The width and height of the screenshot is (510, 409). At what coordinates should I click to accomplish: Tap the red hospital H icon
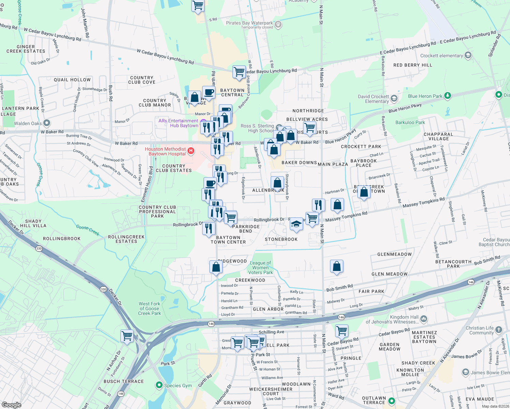191,150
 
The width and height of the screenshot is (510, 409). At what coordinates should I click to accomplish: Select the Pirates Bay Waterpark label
249,23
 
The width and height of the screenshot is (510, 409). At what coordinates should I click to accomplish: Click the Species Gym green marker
159,385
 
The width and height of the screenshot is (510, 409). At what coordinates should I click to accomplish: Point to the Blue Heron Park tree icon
448,96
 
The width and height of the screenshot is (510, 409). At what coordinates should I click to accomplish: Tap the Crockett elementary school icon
468,55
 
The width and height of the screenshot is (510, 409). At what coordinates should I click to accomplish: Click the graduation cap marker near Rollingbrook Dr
296,224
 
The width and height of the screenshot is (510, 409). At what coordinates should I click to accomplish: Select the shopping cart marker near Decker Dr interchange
127,336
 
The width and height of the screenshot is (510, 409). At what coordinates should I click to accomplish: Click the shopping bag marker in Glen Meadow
336,266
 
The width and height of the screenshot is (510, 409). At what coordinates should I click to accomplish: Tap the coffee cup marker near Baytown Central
208,92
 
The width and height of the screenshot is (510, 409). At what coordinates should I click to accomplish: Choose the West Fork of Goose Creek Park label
149,308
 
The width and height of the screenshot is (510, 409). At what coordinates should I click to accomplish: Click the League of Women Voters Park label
260,268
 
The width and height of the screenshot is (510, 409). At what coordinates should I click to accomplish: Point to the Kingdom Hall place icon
424,319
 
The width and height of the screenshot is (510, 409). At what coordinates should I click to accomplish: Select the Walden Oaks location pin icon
47,123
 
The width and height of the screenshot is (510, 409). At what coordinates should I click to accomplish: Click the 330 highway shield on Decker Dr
39,248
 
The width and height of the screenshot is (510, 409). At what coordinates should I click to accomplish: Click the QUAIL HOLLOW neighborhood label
72,80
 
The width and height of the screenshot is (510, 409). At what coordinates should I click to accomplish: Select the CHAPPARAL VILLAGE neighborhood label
438,136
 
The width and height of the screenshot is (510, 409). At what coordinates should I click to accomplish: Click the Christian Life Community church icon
499,330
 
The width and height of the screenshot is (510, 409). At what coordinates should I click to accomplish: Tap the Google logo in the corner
11,405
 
